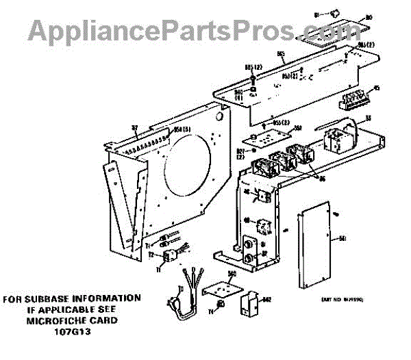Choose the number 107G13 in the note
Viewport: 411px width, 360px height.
pos(73,331)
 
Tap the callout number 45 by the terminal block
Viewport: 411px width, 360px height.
pos(376,88)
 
